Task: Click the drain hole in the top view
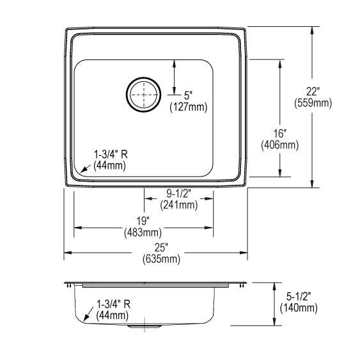[x=143, y=95]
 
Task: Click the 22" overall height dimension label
[x=313, y=92]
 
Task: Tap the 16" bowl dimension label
[x=280, y=134]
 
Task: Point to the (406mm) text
[x=280, y=145]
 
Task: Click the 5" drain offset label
[x=188, y=95]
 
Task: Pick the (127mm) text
[x=189, y=107]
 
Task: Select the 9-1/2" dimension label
[x=179, y=194]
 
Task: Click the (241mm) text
[x=179, y=205]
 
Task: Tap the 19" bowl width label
[x=143, y=221]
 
